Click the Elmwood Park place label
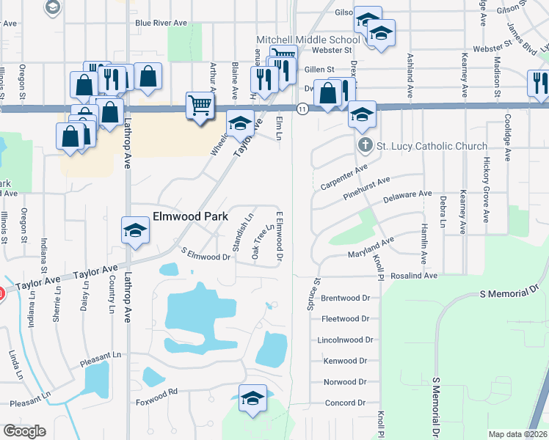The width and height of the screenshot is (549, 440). coord(190,217)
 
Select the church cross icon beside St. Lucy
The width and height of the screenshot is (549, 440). coord(366,145)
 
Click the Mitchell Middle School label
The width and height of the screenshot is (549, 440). coord(308,39)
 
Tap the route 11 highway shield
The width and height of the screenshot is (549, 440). coord(302,108)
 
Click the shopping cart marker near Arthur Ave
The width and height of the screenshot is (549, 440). coord(200,106)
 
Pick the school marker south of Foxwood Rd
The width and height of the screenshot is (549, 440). coord(253,399)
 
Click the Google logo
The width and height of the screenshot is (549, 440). coord(25,430)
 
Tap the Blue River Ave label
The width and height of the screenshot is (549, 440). coord(161,23)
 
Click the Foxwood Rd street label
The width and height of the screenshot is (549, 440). coord(162,392)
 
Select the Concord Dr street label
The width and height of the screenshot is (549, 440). coord(345,403)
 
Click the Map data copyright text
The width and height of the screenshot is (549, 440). coord(518,434)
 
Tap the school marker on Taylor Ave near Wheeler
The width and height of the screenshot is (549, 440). coord(239,123)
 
